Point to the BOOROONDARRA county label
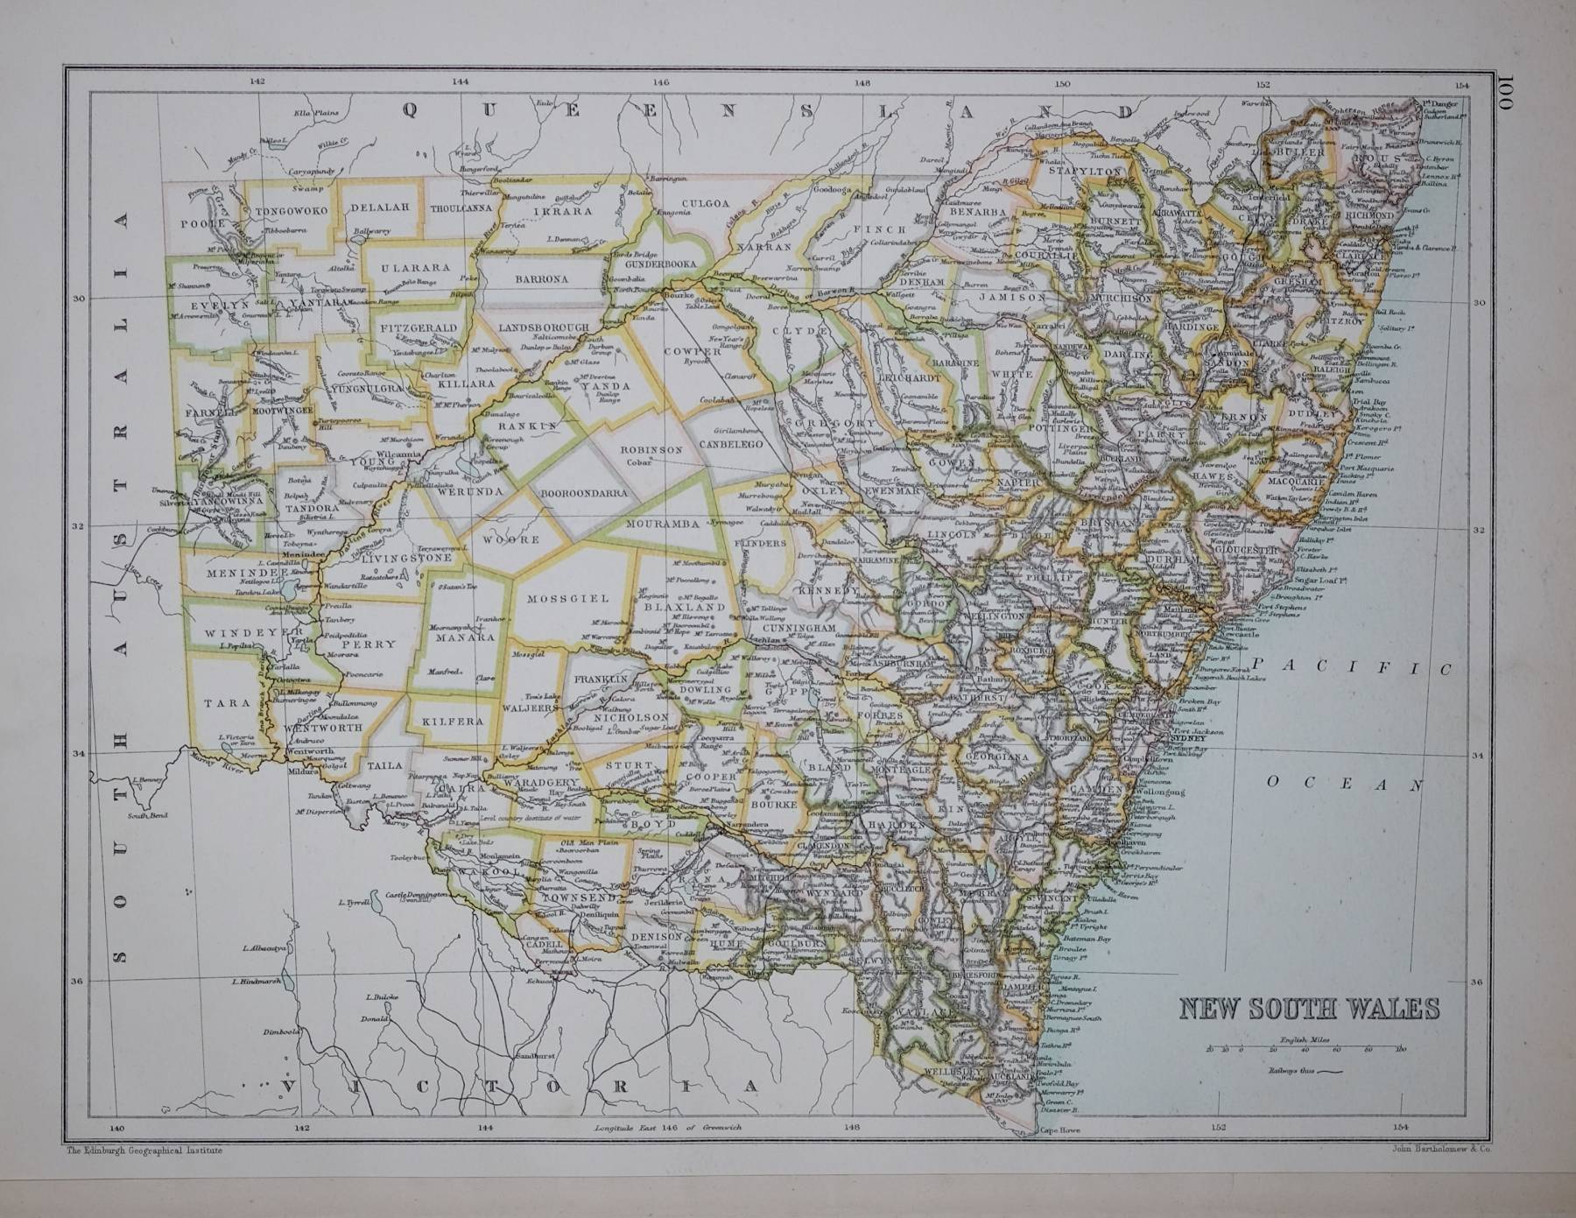(585, 493)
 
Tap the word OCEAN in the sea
(1344, 784)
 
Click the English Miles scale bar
(1304, 1047)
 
